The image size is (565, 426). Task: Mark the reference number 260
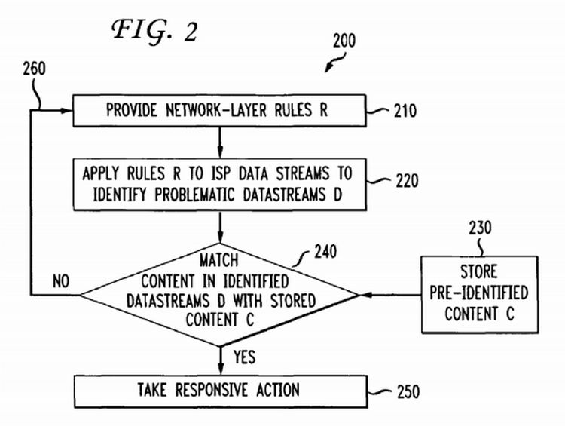point(35,69)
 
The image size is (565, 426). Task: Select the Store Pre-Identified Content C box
point(478,293)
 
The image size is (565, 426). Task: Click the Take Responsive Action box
point(218,391)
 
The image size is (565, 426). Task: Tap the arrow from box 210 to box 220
point(218,141)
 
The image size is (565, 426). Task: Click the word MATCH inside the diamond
point(218,261)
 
